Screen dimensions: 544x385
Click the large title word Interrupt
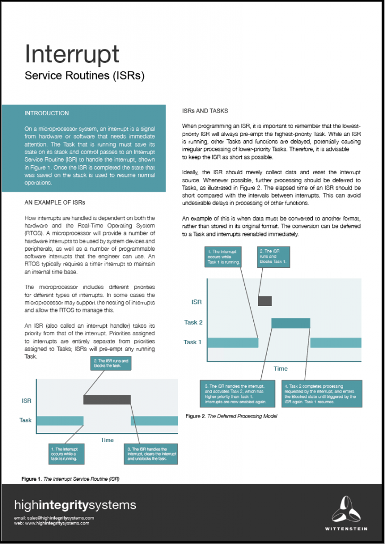point(72,54)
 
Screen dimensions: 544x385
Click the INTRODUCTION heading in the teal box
point(47,113)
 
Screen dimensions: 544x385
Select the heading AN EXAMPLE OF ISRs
point(55,203)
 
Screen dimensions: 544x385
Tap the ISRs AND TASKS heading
point(205,111)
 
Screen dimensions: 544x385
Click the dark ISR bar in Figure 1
point(107,399)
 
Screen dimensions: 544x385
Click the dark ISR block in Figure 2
point(264,301)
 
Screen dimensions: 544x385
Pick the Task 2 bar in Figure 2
point(290,322)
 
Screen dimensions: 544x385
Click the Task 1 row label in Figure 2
point(192,342)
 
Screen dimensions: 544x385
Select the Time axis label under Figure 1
point(107,440)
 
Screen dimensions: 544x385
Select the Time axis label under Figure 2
point(280,368)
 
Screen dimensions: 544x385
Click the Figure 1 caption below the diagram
point(70,479)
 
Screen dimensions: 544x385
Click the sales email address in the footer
point(54,517)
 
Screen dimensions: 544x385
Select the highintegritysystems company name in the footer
point(75,505)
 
